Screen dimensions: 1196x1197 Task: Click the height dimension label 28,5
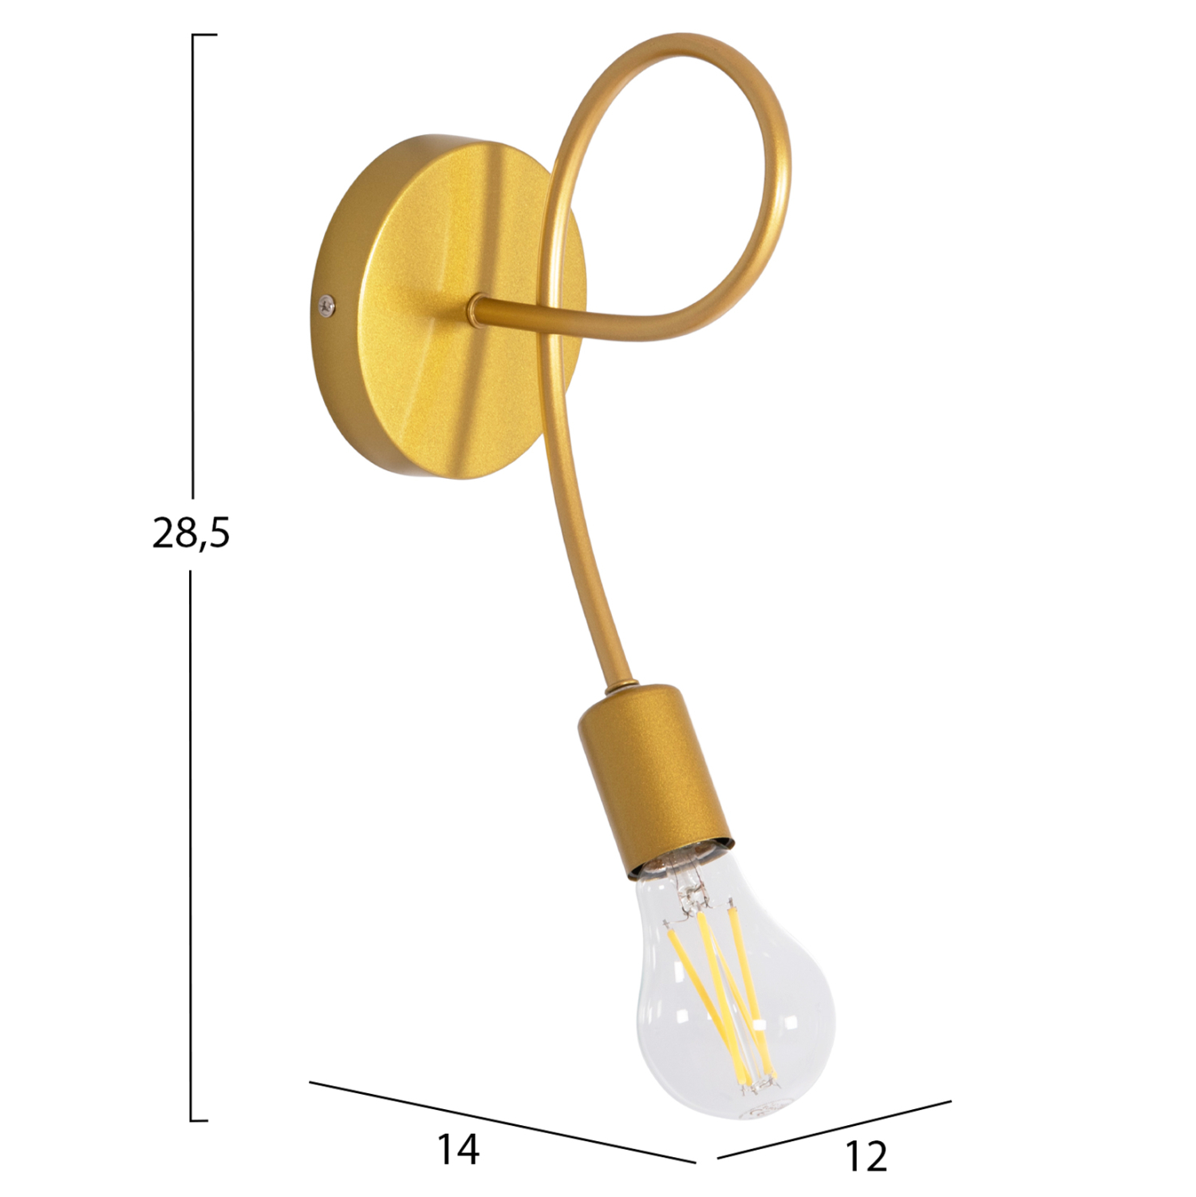click(191, 533)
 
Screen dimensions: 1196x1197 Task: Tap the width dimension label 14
click(458, 1150)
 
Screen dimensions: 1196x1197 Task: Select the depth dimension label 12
click(865, 1156)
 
